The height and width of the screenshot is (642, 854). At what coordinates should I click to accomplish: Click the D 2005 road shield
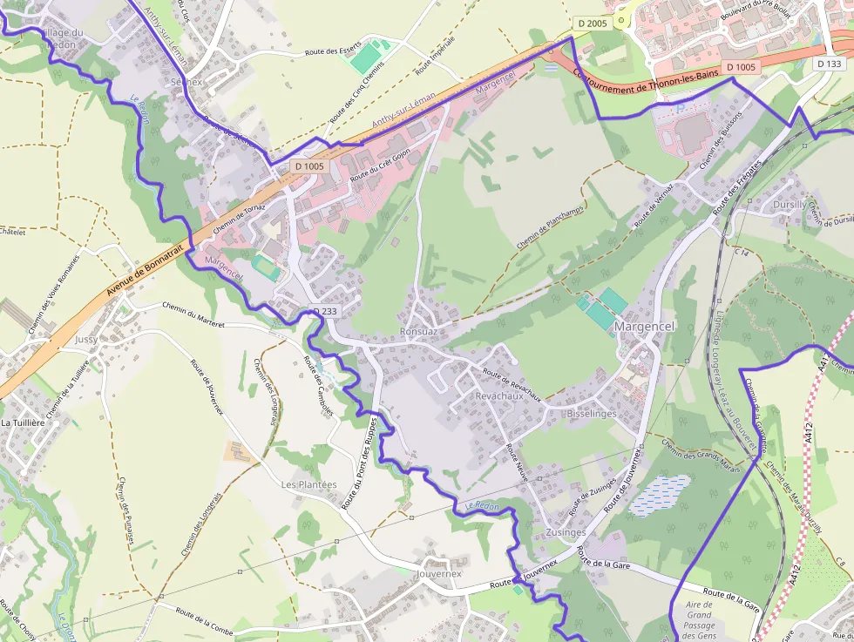pyautogui.click(x=592, y=24)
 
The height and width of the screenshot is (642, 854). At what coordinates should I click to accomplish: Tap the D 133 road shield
pyautogui.click(x=830, y=64)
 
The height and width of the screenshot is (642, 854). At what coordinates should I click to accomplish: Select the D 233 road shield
pyautogui.click(x=324, y=310)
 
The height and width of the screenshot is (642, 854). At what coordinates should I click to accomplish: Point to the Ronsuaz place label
pyautogui.click(x=418, y=332)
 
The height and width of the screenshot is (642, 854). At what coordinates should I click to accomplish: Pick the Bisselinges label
pyautogui.click(x=591, y=413)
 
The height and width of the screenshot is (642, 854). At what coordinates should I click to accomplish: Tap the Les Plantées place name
pyautogui.click(x=308, y=484)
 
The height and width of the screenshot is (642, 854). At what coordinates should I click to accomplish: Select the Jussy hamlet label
pyautogui.click(x=86, y=339)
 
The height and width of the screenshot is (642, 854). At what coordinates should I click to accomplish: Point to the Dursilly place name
pyautogui.click(x=790, y=205)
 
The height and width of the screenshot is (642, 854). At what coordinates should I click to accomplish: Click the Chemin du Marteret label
pyautogui.click(x=193, y=314)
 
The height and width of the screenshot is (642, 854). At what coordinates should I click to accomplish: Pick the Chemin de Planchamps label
pyautogui.click(x=550, y=220)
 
